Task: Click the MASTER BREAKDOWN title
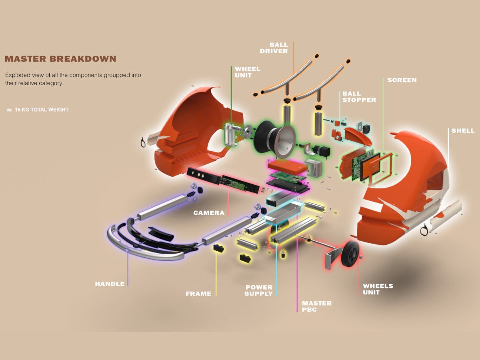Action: (60, 59)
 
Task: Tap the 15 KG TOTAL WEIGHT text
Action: (42, 110)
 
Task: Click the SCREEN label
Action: (402, 80)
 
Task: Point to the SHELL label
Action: (463, 131)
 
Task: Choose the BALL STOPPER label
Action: (359, 96)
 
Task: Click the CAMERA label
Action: (209, 213)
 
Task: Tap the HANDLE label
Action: (110, 284)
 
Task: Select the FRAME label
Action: (198, 294)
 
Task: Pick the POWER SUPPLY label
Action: (259, 290)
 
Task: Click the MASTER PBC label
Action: (317, 306)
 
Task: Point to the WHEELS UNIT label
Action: (378, 289)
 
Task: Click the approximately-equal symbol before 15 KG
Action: (9, 110)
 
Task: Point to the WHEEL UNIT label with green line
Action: (247, 72)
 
